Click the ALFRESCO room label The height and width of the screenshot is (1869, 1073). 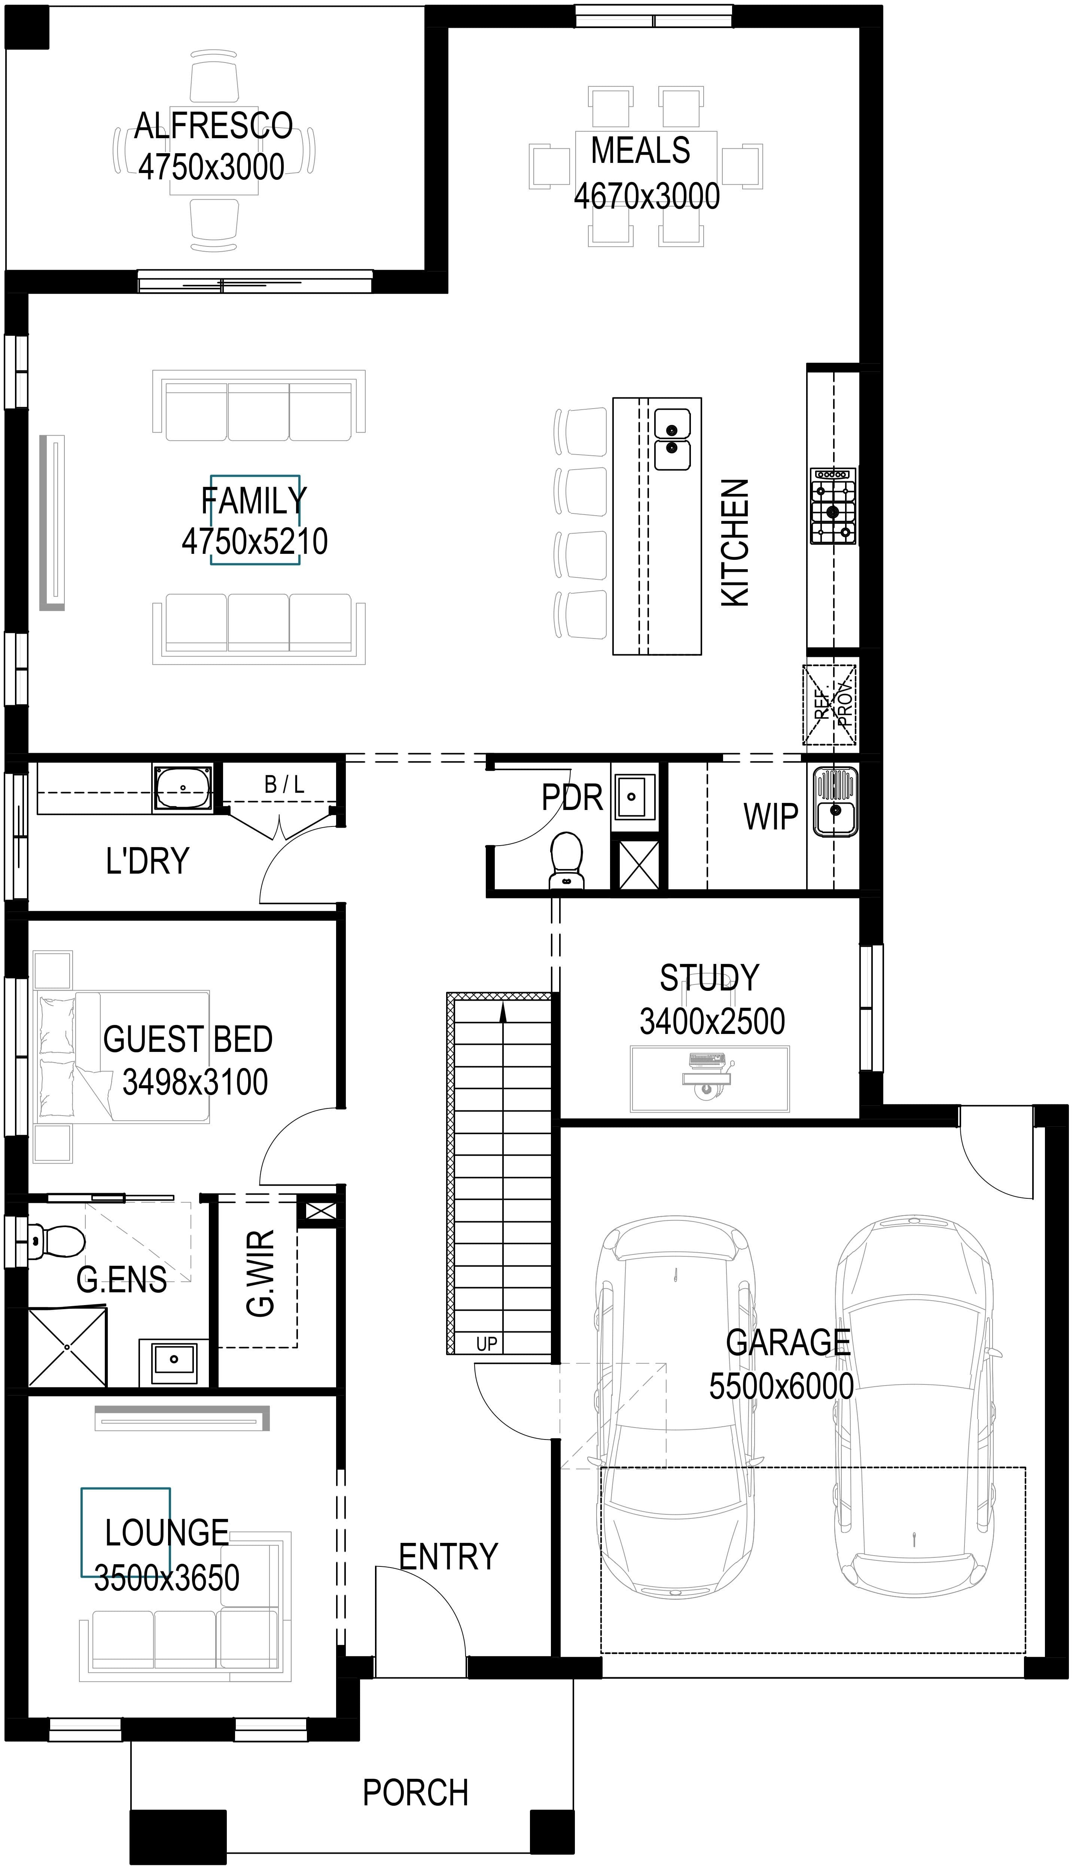(214, 126)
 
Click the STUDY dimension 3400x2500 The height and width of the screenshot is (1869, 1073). (712, 1021)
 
